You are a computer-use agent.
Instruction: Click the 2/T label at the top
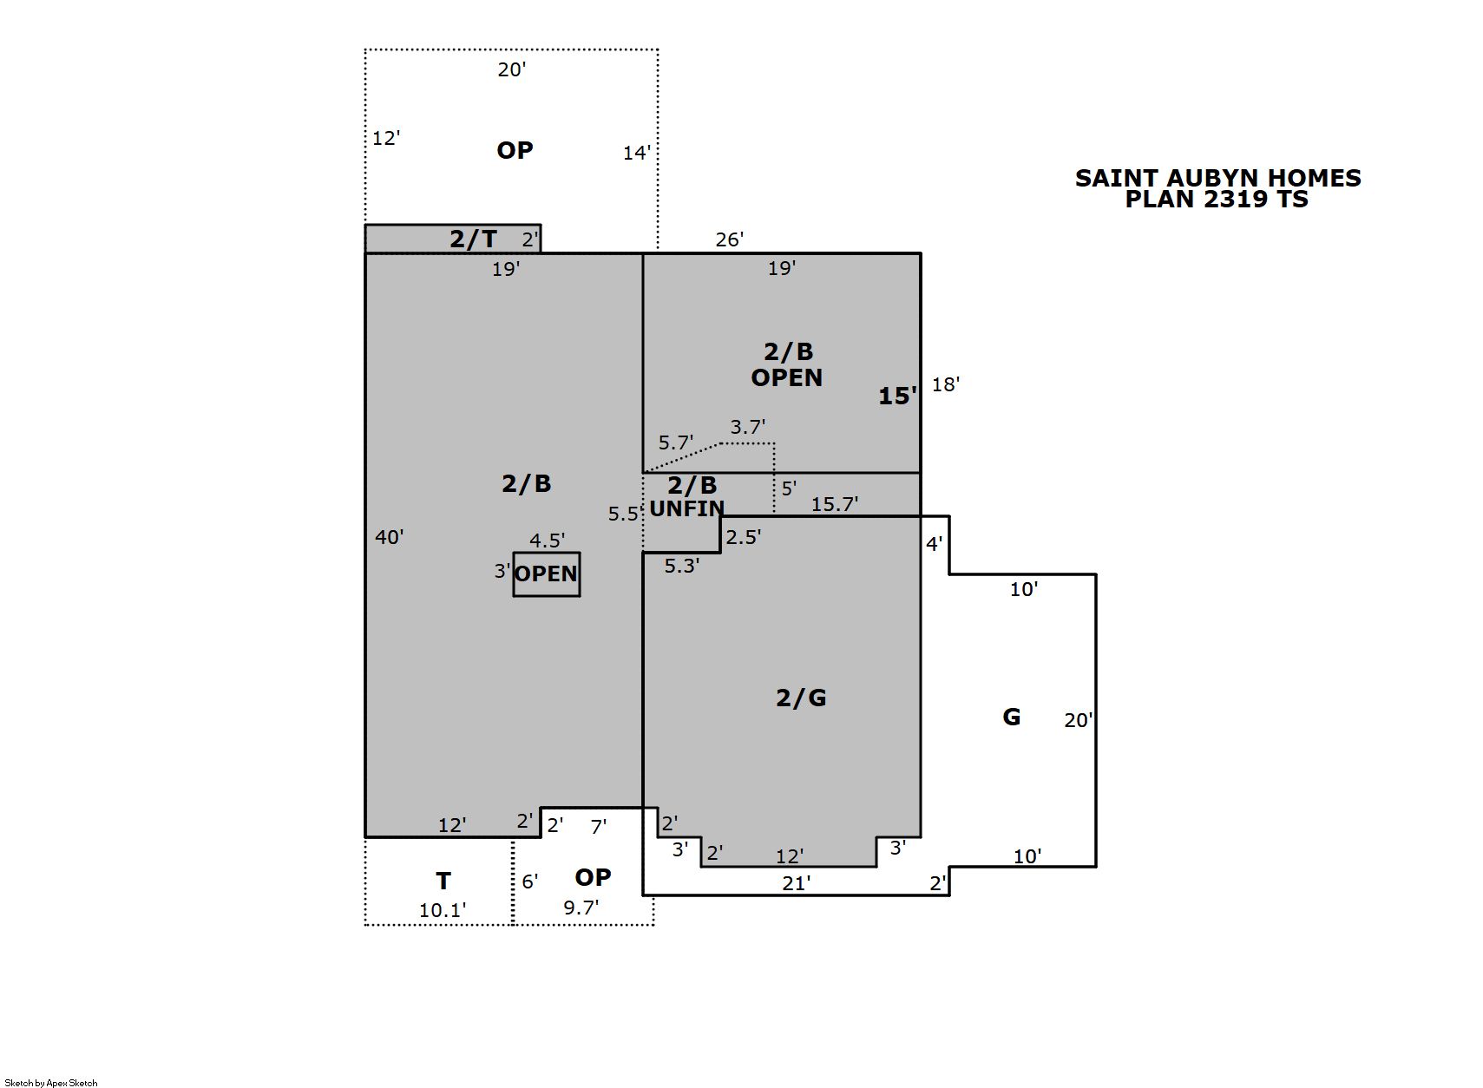[473, 239]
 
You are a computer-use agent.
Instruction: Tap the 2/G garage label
[801, 698]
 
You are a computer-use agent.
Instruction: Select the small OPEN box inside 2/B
[547, 574]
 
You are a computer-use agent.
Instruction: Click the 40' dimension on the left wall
[390, 537]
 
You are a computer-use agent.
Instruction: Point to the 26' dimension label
[730, 239]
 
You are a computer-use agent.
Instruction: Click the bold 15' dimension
[898, 396]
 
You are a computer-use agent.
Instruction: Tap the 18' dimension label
[946, 384]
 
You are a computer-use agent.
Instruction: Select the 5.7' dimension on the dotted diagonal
[676, 442]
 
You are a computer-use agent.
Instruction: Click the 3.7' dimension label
[748, 427]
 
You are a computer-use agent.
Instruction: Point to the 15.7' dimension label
[835, 504]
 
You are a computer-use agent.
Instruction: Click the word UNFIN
[687, 509]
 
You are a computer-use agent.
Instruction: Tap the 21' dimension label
[797, 883]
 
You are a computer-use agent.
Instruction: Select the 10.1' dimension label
[443, 911]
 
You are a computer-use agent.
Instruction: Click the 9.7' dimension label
[581, 908]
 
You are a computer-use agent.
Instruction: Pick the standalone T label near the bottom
[443, 881]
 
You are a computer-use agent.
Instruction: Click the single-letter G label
[1012, 717]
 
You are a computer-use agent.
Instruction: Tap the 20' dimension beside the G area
[1079, 720]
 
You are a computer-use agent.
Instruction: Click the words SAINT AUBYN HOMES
[1218, 178]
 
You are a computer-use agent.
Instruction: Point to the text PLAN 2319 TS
[1217, 200]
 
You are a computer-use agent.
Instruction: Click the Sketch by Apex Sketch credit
[51, 1083]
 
